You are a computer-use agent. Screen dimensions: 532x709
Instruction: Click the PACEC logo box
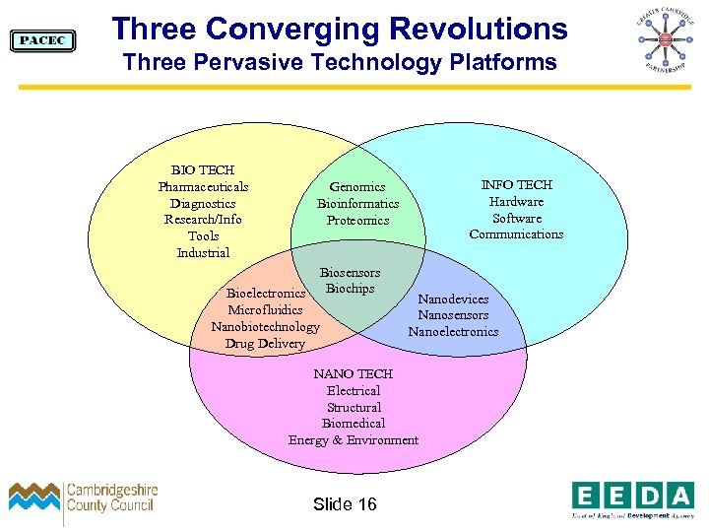pyautogui.click(x=42, y=40)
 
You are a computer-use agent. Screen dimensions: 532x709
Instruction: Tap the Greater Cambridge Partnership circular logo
pyautogui.click(x=664, y=40)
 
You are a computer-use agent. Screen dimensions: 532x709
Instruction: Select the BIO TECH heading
pyautogui.click(x=203, y=170)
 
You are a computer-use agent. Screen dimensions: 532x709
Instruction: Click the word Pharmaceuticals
pyautogui.click(x=203, y=187)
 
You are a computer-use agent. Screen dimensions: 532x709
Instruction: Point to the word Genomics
pyautogui.click(x=357, y=187)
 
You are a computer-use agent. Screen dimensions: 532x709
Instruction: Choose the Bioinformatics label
pyautogui.click(x=357, y=204)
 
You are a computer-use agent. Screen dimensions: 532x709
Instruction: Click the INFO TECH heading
pyautogui.click(x=516, y=185)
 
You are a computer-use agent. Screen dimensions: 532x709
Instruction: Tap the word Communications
pyautogui.click(x=516, y=234)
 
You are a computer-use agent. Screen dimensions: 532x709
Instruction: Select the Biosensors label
pyautogui.click(x=350, y=273)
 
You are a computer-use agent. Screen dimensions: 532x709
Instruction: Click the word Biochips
pyautogui.click(x=351, y=290)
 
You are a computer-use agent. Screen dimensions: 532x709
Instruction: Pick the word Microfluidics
pyautogui.click(x=265, y=310)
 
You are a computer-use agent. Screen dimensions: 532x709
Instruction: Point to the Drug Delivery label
pyautogui.click(x=265, y=344)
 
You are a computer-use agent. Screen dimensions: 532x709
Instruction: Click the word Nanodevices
pyautogui.click(x=453, y=299)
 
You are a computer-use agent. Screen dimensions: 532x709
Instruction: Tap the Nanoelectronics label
pyautogui.click(x=453, y=332)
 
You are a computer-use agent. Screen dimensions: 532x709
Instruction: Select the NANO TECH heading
pyautogui.click(x=353, y=374)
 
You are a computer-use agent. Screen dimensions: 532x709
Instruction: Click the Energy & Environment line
pyautogui.click(x=353, y=440)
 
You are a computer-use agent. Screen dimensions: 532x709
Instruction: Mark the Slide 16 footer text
pyautogui.click(x=345, y=504)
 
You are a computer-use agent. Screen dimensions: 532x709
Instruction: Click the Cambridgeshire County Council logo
pyautogui.click(x=83, y=499)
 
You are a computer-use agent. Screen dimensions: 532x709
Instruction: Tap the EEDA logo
pyautogui.click(x=632, y=498)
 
